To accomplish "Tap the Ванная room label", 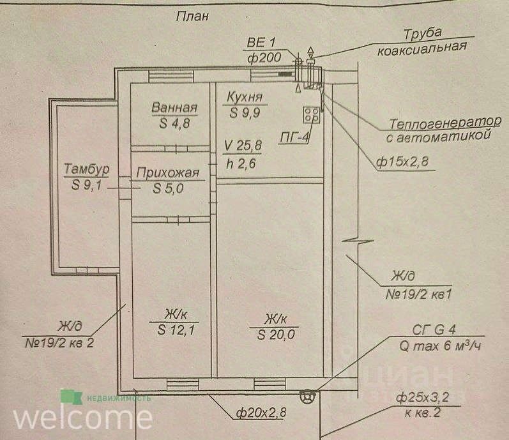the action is [174, 108].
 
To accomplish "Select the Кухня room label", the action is [245, 98].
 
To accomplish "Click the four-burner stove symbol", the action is [312, 115].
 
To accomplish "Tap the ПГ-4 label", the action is [296, 136].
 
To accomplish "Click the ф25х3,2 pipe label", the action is [422, 399].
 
